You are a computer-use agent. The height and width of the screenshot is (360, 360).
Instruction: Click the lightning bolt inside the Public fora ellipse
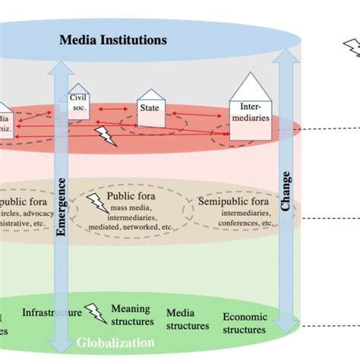pos(96,203)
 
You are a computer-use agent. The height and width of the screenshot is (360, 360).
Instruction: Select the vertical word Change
pos(286,196)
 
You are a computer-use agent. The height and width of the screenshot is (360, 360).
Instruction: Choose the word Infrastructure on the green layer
pos(51,312)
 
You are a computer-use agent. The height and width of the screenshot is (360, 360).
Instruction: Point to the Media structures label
pos(187,319)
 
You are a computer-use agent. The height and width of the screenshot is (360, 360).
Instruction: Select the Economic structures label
pos(245,324)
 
